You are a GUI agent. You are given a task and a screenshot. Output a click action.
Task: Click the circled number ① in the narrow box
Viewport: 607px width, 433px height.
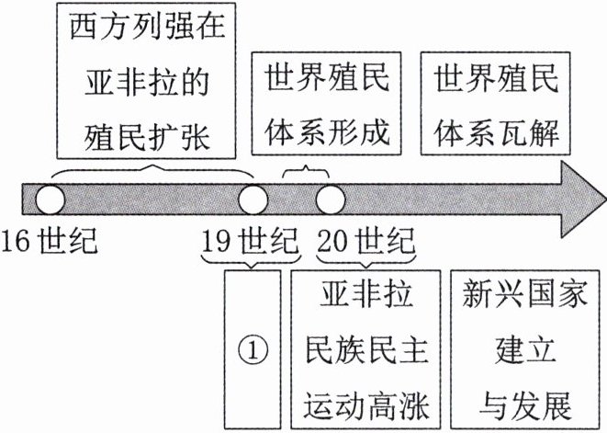(253, 351)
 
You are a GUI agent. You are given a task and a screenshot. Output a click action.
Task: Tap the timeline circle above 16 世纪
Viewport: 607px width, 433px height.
(51, 199)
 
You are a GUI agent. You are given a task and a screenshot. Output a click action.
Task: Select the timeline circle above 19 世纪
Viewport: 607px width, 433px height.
(253, 199)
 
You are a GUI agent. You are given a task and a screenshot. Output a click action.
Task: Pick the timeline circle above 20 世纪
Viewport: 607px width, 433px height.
(331, 199)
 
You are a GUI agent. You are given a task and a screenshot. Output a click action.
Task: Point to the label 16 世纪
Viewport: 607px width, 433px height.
(50, 241)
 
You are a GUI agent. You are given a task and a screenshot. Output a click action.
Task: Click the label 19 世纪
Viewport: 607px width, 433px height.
(251, 241)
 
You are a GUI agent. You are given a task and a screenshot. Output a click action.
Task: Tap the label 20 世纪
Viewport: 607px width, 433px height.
(366, 241)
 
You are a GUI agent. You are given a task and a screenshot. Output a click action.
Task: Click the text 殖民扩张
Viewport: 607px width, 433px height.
(147, 137)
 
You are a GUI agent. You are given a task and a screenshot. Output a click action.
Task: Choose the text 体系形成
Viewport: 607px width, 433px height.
(327, 131)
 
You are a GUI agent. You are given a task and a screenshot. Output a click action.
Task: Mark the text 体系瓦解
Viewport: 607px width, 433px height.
(496, 131)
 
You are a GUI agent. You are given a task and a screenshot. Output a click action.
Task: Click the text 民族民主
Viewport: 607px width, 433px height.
(366, 350)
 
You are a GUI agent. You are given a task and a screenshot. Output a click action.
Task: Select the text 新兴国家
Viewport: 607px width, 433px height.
(525, 294)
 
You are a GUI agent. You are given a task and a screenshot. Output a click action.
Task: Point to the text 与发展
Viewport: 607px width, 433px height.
(525, 405)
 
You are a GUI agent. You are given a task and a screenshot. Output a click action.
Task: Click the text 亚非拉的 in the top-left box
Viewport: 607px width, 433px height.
(147, 82)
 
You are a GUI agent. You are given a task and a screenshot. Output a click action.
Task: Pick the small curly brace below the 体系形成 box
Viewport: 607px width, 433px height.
(306, 172)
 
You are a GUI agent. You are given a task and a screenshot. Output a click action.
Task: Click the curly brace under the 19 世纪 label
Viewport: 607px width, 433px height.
(251, 261)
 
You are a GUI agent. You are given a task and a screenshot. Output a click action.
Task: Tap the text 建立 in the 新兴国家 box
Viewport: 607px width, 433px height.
(525, 350)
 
